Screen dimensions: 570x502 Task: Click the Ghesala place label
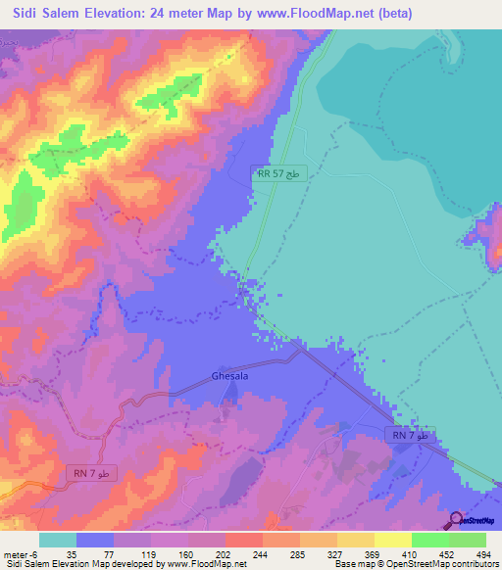point(230,376)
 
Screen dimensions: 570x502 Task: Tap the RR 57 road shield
point(278,173)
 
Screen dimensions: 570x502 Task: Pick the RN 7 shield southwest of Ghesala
point(94,474)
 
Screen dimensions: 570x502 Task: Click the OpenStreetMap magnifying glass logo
point(457,520)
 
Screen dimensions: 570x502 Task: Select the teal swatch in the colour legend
point(59,540)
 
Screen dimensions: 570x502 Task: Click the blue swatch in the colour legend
point(96,540)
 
